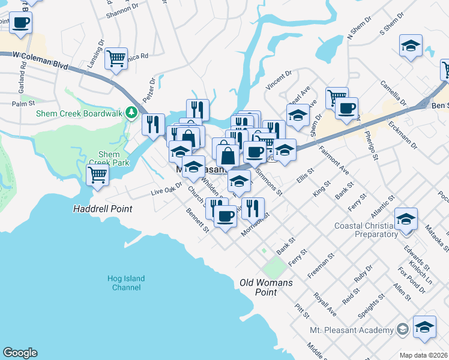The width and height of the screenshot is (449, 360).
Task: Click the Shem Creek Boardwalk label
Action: tap(79, 113)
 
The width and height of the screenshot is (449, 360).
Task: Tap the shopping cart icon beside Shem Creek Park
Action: tap(98, 175)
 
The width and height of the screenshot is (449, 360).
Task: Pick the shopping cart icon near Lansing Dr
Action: tap(116, 58)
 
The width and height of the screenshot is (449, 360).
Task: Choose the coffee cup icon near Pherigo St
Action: tap(346, 108)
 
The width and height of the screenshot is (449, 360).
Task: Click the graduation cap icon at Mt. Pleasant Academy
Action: tap(424, 326)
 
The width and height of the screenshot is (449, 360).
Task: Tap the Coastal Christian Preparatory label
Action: tap(367, 230)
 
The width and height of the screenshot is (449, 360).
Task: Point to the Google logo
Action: tap(20, 353)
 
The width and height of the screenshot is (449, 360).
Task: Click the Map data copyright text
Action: tap(423, 355)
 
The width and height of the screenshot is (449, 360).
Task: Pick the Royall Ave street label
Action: tap(325, 304)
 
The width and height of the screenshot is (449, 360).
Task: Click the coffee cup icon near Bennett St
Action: tap(225, 215)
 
